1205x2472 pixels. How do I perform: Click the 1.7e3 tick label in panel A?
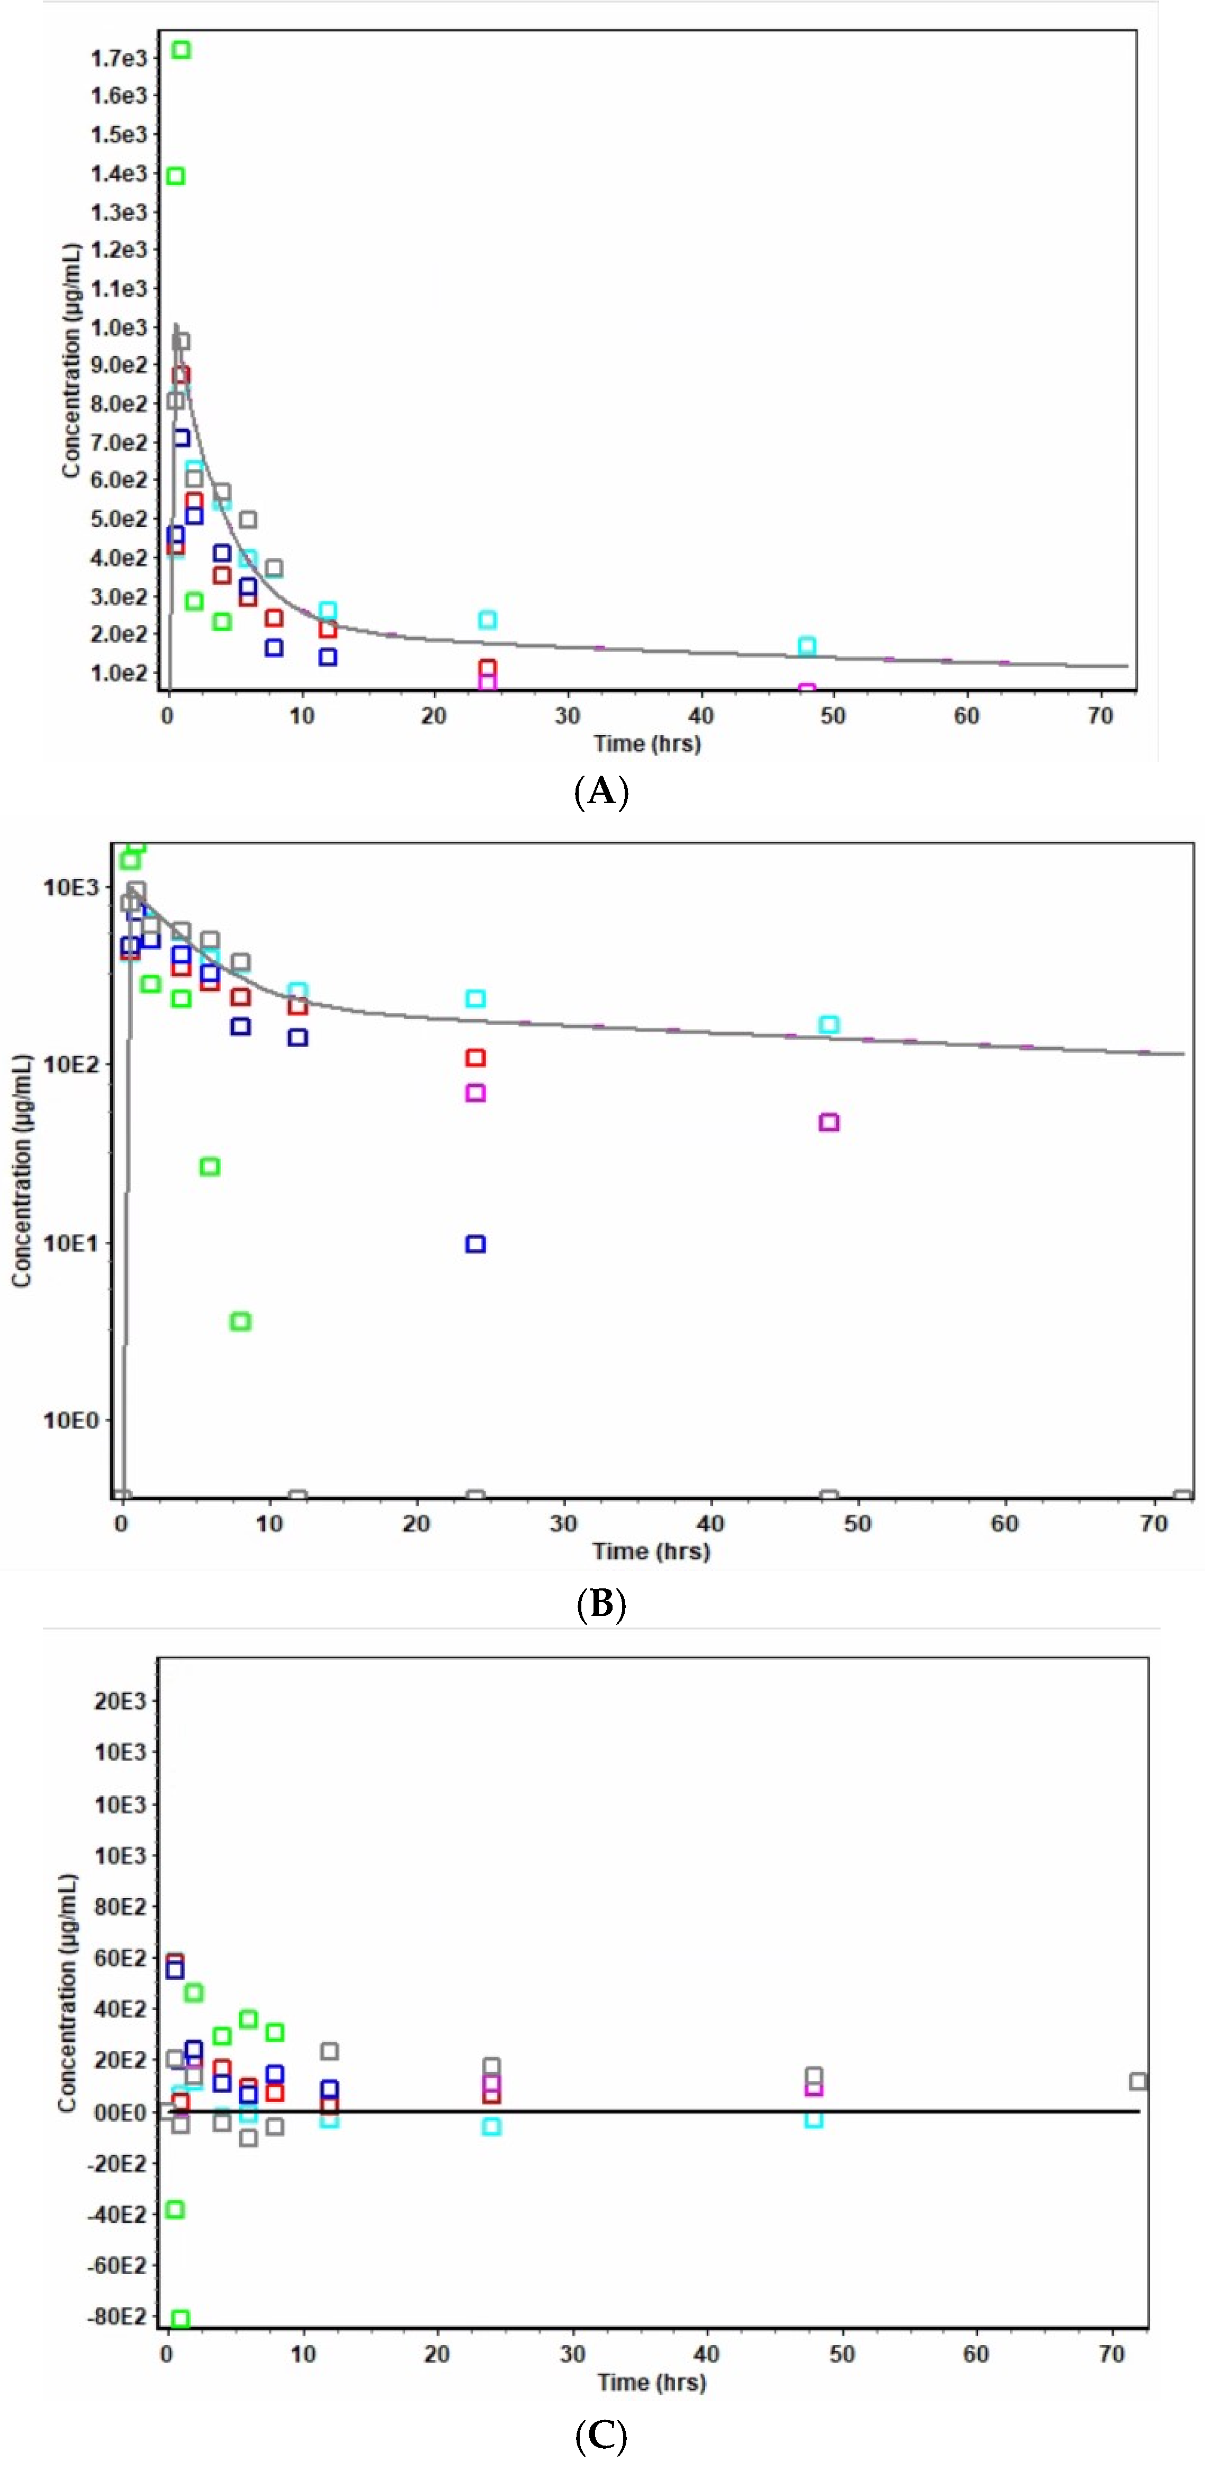(x=119, y=59)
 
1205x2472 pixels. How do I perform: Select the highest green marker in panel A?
(x=180, y=50)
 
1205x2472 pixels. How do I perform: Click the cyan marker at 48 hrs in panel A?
(x=807, y=646)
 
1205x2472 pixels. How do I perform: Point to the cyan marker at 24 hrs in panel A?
(x=487, y=620)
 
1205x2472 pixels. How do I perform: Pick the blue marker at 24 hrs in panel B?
(x=475, y=1244)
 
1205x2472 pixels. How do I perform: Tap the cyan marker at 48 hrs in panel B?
(x=829, y=1025)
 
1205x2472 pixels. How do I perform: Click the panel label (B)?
(x=601, y=1604)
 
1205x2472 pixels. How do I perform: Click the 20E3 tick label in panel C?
(x=120, y=1702)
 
